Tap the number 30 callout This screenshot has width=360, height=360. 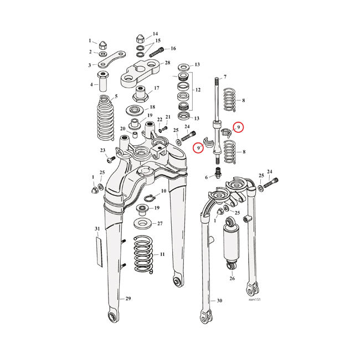(x=219, y=301)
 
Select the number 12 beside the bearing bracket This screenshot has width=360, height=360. (x=197, y=89)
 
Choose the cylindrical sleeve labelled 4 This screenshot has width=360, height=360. (x=103, y=81)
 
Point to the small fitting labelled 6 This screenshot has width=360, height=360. (x=218, y=176)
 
